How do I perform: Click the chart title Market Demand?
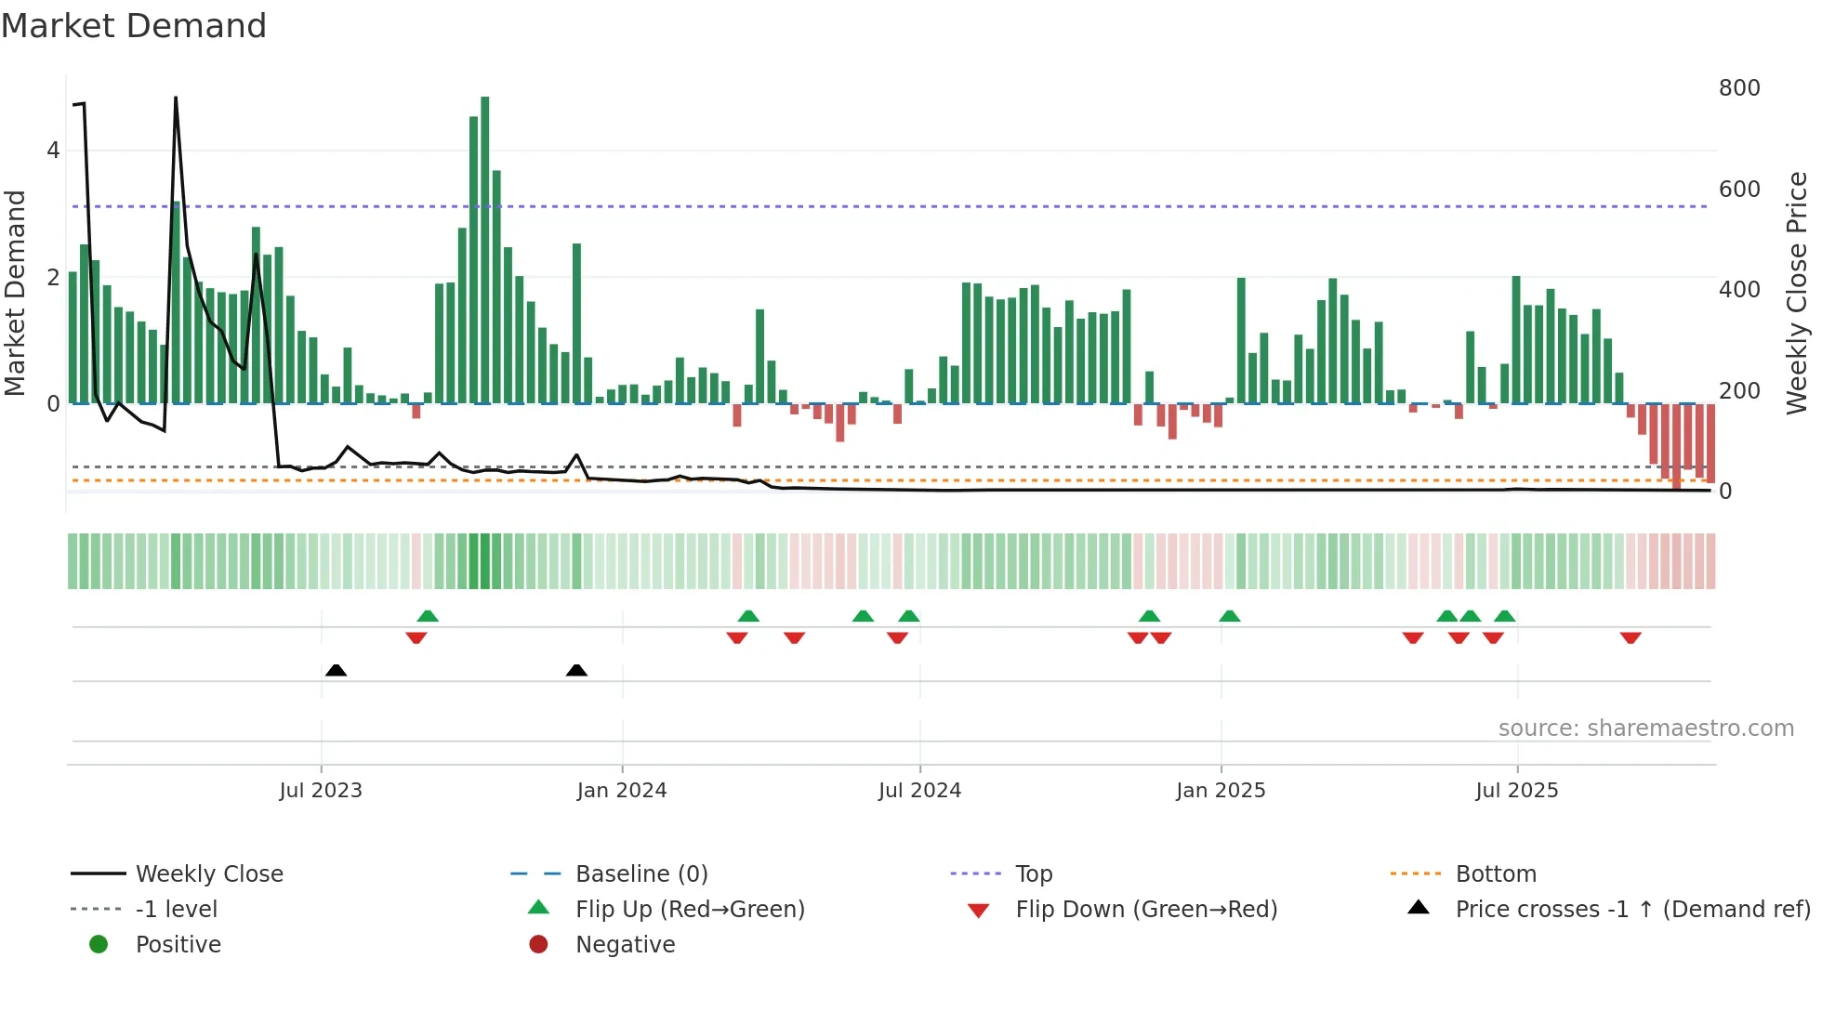pos(134,26)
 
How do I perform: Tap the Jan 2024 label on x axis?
pos(621,791)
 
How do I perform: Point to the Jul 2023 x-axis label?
pos(321,791)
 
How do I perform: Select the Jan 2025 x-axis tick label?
pos(1220,791)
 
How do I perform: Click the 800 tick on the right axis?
pos(1738,88)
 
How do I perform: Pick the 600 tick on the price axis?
pos(1738,190)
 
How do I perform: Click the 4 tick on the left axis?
pos(53,151)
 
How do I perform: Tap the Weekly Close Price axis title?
pos(1796,293)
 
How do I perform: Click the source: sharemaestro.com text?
pos(1645,729)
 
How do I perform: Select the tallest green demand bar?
pos(484,251)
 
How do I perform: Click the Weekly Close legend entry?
pos(209,874)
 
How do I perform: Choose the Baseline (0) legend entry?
pos(641,874)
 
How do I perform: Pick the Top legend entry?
pos(1034,874)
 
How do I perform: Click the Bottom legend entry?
pos(1495,874)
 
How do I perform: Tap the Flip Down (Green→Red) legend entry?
pos(1145,910)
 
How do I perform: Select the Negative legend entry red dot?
pos(538,945)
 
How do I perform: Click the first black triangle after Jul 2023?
pos(337,670)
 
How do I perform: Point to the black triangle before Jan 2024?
pos(576,670)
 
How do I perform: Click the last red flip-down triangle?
pos(1631,637)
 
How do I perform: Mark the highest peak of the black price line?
pos(176,98)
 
